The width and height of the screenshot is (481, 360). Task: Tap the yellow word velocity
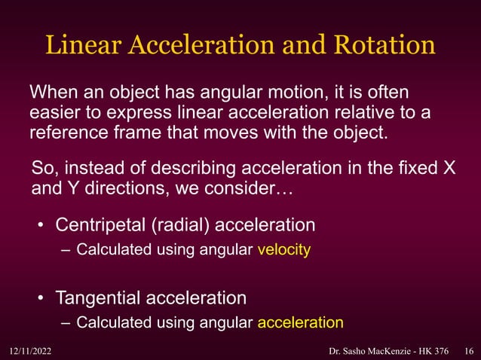tap(283, 250)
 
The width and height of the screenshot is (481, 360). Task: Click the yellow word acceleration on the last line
tap(300, 323)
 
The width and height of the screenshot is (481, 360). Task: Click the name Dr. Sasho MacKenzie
tap(365, 350)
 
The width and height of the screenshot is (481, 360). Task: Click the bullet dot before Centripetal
tap(42, 226)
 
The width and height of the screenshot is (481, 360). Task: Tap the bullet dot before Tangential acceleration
tap(42, 298)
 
